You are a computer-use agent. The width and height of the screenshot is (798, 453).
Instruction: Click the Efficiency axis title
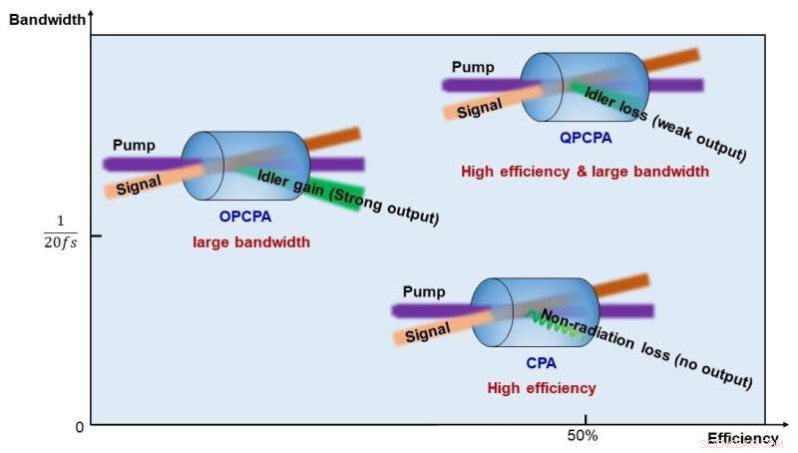[742, 438]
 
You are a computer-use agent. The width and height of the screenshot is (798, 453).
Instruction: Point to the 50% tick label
[583, 435]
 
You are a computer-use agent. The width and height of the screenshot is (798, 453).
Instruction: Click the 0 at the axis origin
[80, 428]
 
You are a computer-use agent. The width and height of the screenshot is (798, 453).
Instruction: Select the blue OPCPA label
[244, 216]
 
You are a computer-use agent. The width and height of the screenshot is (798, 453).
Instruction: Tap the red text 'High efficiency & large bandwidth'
[585, 172]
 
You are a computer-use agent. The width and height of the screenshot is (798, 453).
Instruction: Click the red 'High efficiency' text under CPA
[541, 388]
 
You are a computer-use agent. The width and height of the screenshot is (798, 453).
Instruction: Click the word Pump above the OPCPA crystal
[134, 146]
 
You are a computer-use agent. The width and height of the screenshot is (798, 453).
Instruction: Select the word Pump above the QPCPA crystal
[473, 67]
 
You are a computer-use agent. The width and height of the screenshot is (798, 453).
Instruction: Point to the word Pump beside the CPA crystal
[424, 291]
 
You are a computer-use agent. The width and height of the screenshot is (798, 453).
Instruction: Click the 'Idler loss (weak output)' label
[664, 124]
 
